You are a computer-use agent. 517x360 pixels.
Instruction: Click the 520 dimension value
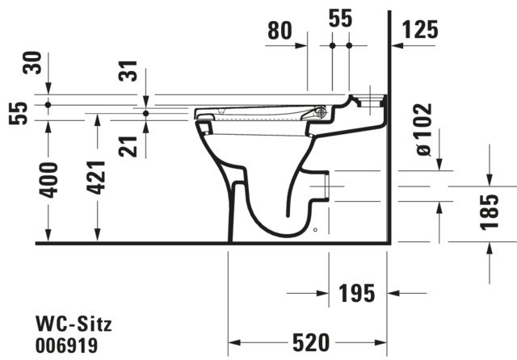coord(311,342)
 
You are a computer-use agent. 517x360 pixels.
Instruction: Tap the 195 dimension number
coord(357,293)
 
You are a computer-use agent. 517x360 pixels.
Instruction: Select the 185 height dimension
coord(490,211)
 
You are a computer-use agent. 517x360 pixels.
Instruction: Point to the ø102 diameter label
coord(424,129)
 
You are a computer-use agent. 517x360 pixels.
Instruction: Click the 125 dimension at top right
coord(420,30)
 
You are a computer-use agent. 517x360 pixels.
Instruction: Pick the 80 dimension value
coord(280,31)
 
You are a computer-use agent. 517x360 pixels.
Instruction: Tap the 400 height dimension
coord(48,180)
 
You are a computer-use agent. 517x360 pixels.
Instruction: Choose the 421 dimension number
coord(96,178)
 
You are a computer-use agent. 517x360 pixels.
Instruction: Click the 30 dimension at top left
coord(32,63)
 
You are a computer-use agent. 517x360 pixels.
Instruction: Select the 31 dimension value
coord(128,71)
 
